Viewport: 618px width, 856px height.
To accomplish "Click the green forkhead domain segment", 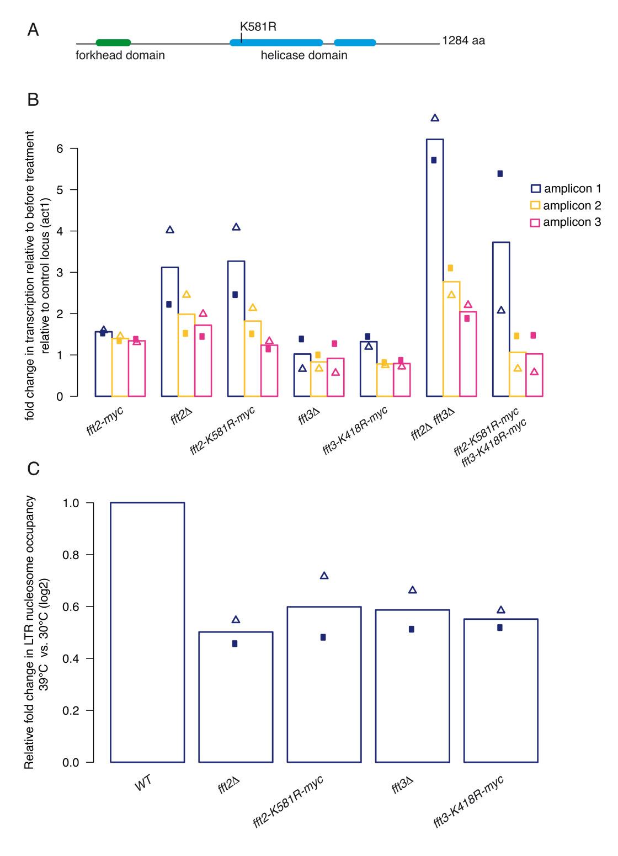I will point(113,42).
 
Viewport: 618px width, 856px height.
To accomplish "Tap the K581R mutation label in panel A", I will point(258,26).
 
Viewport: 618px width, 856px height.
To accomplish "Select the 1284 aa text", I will point(464,41).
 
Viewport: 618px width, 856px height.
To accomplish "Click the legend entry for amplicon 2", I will point(572,206).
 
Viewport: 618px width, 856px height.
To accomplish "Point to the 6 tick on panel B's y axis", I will point(60,148).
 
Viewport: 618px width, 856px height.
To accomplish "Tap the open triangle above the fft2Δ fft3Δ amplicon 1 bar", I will point(435,118).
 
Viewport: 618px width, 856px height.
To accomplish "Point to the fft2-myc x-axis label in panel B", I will point(105,421).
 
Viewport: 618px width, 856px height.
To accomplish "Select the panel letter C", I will point(33,469).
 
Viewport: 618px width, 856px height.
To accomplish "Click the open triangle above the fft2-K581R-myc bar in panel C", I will point(324,576).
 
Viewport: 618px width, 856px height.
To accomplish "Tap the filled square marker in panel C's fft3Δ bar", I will point(412,629).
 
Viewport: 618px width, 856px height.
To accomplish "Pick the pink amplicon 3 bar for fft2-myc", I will point(137,368).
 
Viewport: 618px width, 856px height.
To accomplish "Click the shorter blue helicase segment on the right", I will point(355,42).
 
